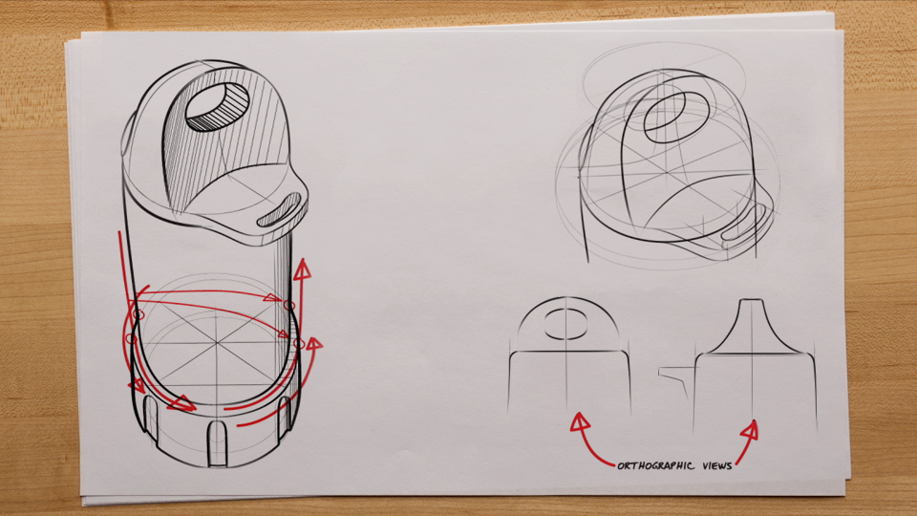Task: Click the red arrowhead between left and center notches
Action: tap(185, 405)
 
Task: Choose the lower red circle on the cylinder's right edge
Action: tap(298, 343)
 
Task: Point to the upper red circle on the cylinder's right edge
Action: tap(288, 304)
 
